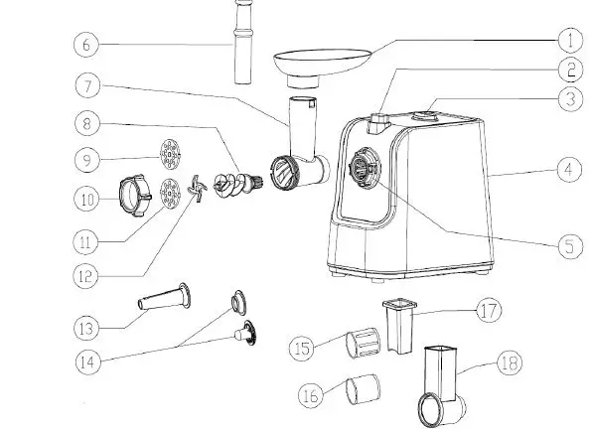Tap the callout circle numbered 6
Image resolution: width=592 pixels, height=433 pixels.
tap(86, 45)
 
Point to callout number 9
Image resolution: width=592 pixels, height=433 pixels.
tap(86, 158)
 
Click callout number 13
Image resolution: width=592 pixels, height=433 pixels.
tap(86, 325)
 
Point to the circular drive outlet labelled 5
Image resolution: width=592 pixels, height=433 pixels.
tap(364, 168)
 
